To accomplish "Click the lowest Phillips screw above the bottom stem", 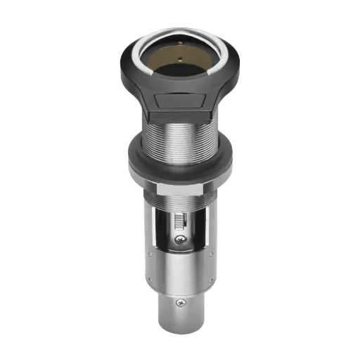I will point(182,303).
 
